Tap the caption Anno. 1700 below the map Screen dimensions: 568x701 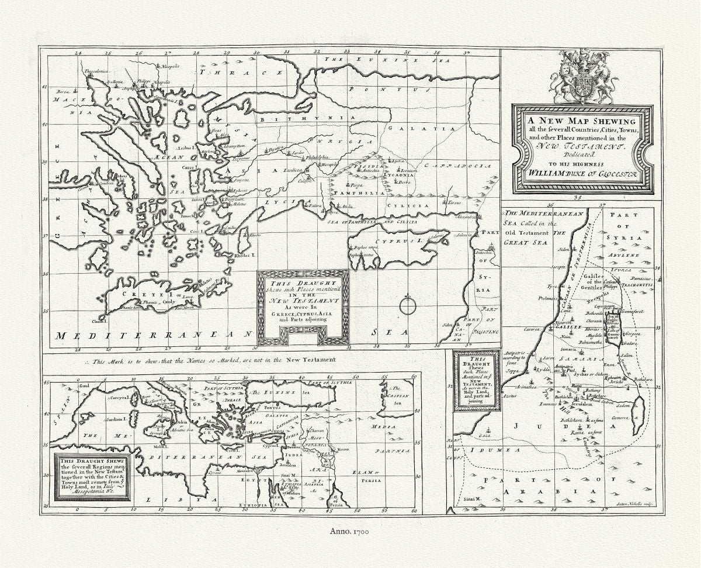(x=350, y=531)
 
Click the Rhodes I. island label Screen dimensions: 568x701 (x=243, y=256)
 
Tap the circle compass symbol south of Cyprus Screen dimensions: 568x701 (x=407, y=305)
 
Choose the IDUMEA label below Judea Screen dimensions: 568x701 (x=497, y=450)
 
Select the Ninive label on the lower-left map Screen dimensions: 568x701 (x=343, y=450)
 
